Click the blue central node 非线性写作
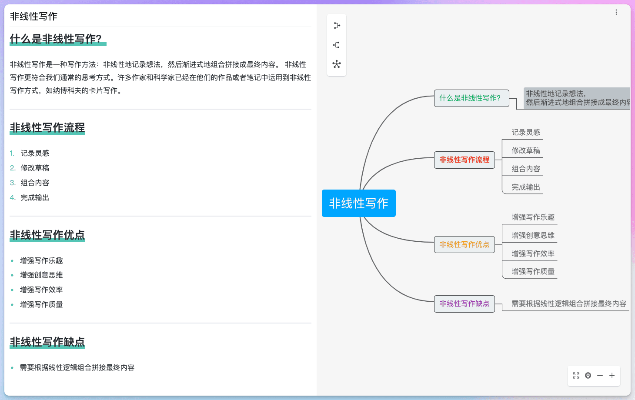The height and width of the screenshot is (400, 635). (359, 203)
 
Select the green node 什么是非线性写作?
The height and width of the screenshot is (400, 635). (471, 98)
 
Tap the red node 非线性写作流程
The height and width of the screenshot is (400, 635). (465, 160)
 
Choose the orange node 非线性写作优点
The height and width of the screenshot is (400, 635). (465, 244)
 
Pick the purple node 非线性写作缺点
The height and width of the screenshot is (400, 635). (465, 303)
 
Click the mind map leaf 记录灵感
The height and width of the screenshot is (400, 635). (526, 132)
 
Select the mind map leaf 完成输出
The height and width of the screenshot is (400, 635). (526, 187)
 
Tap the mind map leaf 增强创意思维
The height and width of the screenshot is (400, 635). (533, 235)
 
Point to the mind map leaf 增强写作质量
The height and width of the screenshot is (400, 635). (533, 272)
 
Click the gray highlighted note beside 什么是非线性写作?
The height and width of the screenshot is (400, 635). (577, 98)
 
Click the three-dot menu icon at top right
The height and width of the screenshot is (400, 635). (616, 12)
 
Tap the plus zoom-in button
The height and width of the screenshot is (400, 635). (612, 376)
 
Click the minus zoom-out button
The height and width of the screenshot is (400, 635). (600, 376)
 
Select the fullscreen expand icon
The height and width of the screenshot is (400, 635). (576, 376)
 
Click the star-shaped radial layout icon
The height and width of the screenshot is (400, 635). (337, 64)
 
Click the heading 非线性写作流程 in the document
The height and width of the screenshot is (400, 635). (47, 127)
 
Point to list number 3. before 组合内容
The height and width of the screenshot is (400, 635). (13, 183)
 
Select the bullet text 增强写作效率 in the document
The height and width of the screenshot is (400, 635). (41, 290)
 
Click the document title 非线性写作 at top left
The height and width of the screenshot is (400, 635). (33, 16)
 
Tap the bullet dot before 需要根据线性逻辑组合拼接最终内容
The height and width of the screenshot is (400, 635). (12, 368)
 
